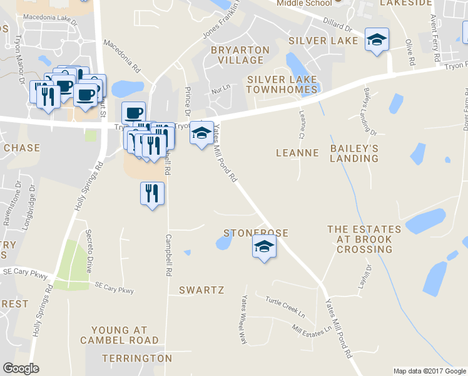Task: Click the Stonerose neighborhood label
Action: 256,233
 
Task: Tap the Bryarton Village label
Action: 240,55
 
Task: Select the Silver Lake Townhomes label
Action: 282,85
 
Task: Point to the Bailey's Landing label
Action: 354,153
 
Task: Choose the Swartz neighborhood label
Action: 201,290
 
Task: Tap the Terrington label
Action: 136,358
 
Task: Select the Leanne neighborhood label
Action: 298,153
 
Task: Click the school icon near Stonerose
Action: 264,248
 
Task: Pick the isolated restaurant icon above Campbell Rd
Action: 152,194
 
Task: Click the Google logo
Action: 21,368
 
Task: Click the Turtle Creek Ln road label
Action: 285,306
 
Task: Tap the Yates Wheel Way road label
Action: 241,318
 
